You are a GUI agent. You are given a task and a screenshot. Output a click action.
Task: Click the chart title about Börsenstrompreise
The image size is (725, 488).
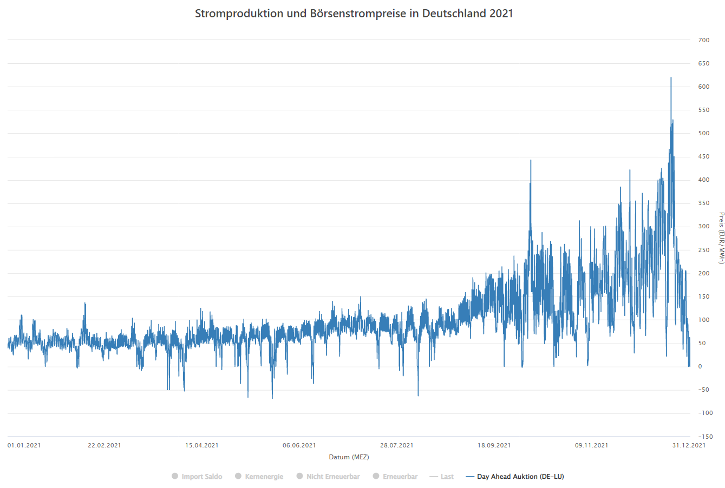pyautogui.click(x=354, y=14)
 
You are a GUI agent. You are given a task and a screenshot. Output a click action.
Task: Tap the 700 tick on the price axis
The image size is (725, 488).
pyautogui.click(x=703, y=40)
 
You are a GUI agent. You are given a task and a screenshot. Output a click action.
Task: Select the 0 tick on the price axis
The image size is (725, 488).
pyautogui.click(x=700, y=366)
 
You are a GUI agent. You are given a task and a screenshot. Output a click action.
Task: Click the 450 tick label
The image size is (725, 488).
pyautogui.click(x=703, y=157)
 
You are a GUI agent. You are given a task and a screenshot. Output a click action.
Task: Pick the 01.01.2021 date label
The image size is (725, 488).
pyautogui.click(x=24, y=445)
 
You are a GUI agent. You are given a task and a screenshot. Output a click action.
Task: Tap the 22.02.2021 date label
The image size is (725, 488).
pyautogui.click(x=104, y=445)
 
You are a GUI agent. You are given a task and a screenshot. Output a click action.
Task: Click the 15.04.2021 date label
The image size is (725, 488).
pyautogui.click(x=202, y=445)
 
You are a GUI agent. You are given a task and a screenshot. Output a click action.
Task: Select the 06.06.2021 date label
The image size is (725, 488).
pyautogui.click(x=299, y=445)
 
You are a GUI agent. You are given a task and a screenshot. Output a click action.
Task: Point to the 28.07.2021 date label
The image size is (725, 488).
pyautogui.click(x=397, y=445)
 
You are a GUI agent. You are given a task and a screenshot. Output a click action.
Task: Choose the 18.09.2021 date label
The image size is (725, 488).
pyautogui.click(x=494, y=445)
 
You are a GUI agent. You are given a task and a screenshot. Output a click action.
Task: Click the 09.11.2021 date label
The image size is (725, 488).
pyautogui.click(x=592, y=445)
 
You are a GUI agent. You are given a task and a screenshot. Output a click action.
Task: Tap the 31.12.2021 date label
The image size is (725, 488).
pyautogui.click(x=689, y=445)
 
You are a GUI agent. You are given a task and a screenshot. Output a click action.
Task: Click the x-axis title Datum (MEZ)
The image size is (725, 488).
pyautogui.click(x=349, y=457)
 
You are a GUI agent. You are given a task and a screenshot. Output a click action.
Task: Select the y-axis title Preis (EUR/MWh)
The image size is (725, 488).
pyautogui.click(x=721, y=238)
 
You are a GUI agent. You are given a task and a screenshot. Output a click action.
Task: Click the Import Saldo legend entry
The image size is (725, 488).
pyautogui.click(x=197, y=477)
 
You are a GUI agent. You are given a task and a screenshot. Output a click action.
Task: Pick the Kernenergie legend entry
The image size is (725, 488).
pyautogui.click(x=259, y=477)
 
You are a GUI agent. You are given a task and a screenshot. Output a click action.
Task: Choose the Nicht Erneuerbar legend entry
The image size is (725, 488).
pyautogui.click(x=328, y=477)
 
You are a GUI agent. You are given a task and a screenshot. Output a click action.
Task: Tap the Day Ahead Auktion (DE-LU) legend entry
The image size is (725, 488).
pyautogui.click(x=514, y=477)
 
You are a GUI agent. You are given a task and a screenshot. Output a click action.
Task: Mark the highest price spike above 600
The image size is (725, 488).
pyautogui.click(x=671, y=78)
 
